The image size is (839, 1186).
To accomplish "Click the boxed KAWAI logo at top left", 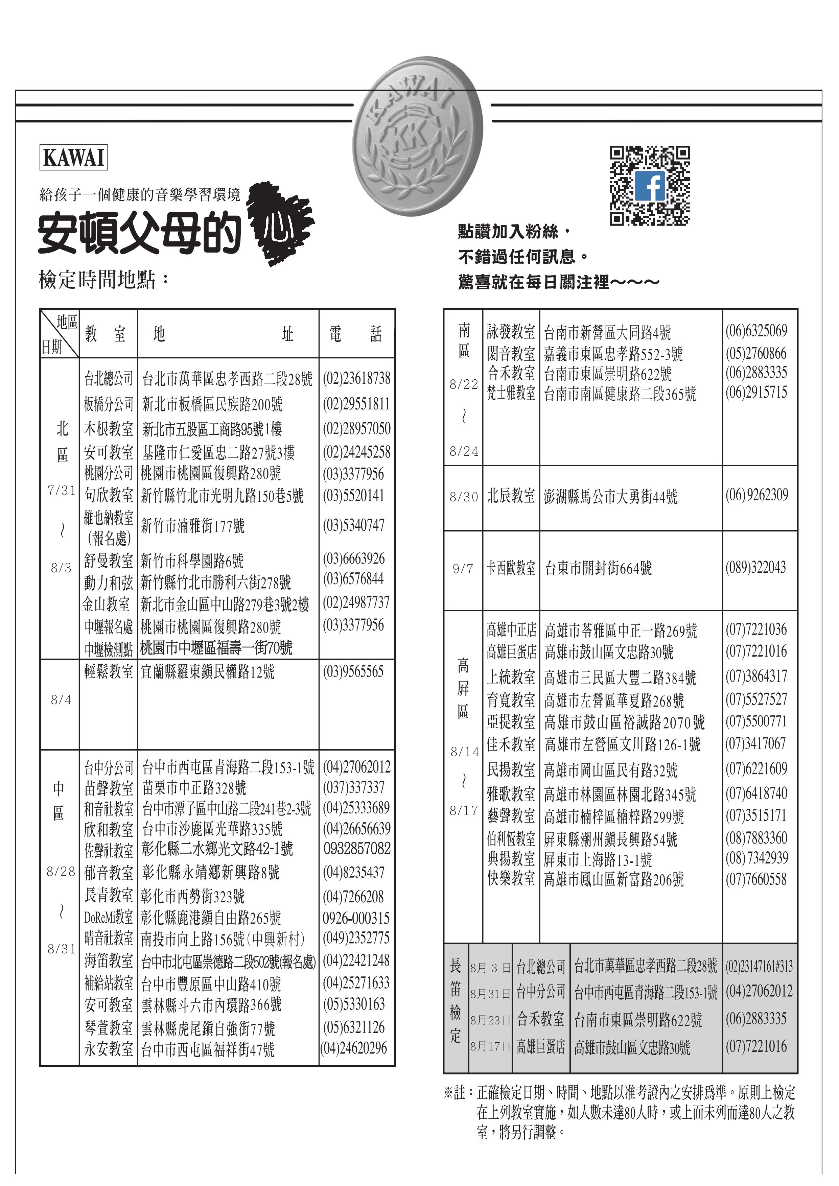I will [x=73, y=158].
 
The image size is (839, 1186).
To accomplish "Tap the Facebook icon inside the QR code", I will [x=649, y=186].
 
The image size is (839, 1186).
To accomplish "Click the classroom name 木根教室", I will [x=109, y=428].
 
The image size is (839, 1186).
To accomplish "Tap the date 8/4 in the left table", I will [x=61, y=700].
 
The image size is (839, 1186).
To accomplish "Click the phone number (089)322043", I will [x=755, y=568].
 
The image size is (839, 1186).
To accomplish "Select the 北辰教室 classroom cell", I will [x=511, y=496].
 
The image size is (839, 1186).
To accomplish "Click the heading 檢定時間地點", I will [x=103, y=280].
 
